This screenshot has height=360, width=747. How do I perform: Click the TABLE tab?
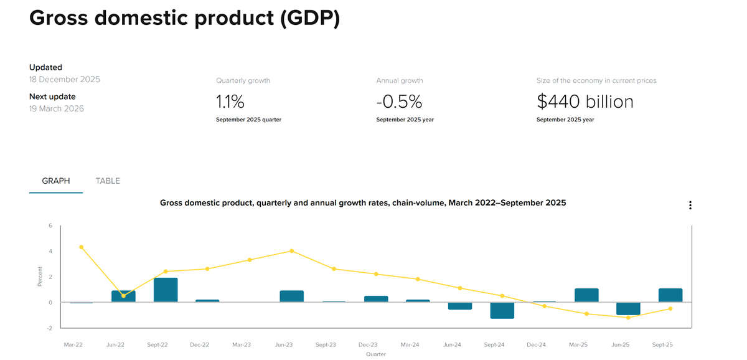tap(108, 181)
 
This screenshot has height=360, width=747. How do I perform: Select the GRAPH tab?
tap(56, 181)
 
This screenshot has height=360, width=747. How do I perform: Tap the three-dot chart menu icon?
tap(690, 206)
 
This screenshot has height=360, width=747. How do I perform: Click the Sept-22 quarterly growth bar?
tap(166, 290)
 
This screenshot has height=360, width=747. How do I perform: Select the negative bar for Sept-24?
tap(502, 310)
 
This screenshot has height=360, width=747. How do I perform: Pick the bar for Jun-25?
tap(628, 308)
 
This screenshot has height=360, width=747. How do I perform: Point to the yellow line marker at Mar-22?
tap(82, 247)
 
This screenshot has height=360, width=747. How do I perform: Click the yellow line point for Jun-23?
tap(292, 251)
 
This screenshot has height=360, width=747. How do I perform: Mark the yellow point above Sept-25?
tap(670, 308)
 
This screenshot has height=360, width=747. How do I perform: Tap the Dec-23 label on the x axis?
tap(368, 344)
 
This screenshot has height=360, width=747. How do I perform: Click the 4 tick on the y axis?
tap(50, 251)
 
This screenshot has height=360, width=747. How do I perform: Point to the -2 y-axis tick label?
tap(50, 328)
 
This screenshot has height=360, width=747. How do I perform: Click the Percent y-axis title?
tap(40, 277)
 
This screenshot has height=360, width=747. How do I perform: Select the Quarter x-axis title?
tap(376, 354)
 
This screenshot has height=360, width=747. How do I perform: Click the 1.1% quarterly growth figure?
tap(230, 101)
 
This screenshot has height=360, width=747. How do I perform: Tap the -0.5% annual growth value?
tap(399, 101)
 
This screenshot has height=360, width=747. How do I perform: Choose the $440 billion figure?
tap(585, 101)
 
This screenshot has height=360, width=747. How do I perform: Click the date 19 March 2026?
tap(57, 108)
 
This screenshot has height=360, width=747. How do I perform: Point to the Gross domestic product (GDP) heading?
tap(185, 18)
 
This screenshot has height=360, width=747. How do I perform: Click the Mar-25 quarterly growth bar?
tap(586, 295)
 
